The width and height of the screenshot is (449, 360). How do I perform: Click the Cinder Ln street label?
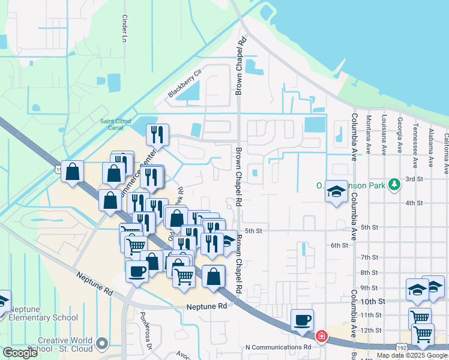(125, 29)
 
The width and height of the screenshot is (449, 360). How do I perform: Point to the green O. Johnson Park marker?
(394, 184)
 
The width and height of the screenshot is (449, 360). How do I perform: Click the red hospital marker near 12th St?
(322, 335)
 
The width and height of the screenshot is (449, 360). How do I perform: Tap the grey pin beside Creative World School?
(103, 344)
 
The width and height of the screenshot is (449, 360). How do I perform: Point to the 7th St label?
(369, 257)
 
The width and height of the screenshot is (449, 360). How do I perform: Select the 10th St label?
(372, 300)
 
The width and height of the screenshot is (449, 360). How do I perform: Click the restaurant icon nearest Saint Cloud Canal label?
(158, 134)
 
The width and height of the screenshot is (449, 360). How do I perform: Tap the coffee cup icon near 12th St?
(301, 319)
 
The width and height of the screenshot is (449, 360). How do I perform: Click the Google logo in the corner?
(20, 353)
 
